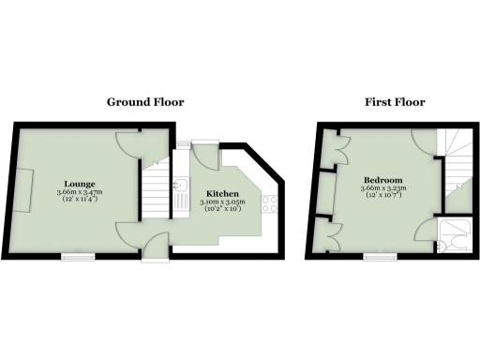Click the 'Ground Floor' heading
pos(144,102)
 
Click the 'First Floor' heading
pos(396,102)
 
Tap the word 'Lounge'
pos(79,183)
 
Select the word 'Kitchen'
pos(222,194)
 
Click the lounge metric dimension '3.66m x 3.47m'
pos(80,191)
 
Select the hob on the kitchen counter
pos(269,202)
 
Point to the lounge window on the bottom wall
pos(75,254)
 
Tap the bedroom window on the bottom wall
pos(379,254)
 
